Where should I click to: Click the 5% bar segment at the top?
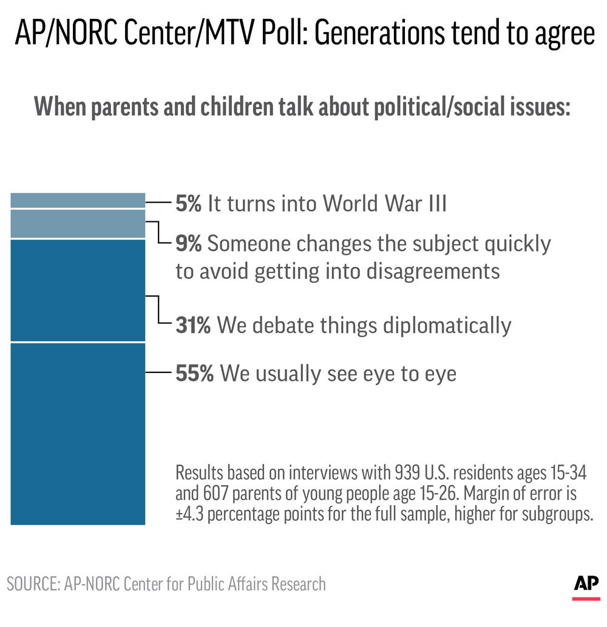tap(78, 201)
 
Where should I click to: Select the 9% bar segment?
tap(78, 224)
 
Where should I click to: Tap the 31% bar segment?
tap(78, 290)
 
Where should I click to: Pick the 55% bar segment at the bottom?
tap(78, 434)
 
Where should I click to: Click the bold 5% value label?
tap(188, 204)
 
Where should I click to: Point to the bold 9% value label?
tap(189, 244)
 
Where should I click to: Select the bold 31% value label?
tap(193, 326)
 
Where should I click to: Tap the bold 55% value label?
tap(194, 374)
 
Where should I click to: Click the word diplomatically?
tap(447, 326)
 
